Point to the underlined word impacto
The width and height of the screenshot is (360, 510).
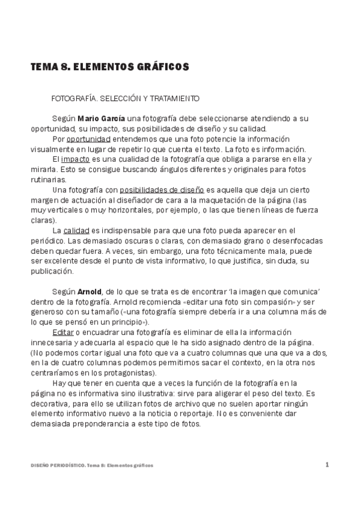(x=75, y=159)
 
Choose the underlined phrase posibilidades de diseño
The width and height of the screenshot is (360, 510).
(x=162, y=190)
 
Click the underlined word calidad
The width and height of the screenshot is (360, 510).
(x=76, y=231)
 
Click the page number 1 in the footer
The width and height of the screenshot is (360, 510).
(x=327, y=464)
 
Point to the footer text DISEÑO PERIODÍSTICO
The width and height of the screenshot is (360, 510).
(x=57, y=465)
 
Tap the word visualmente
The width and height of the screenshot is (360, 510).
(x=55, y=149)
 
